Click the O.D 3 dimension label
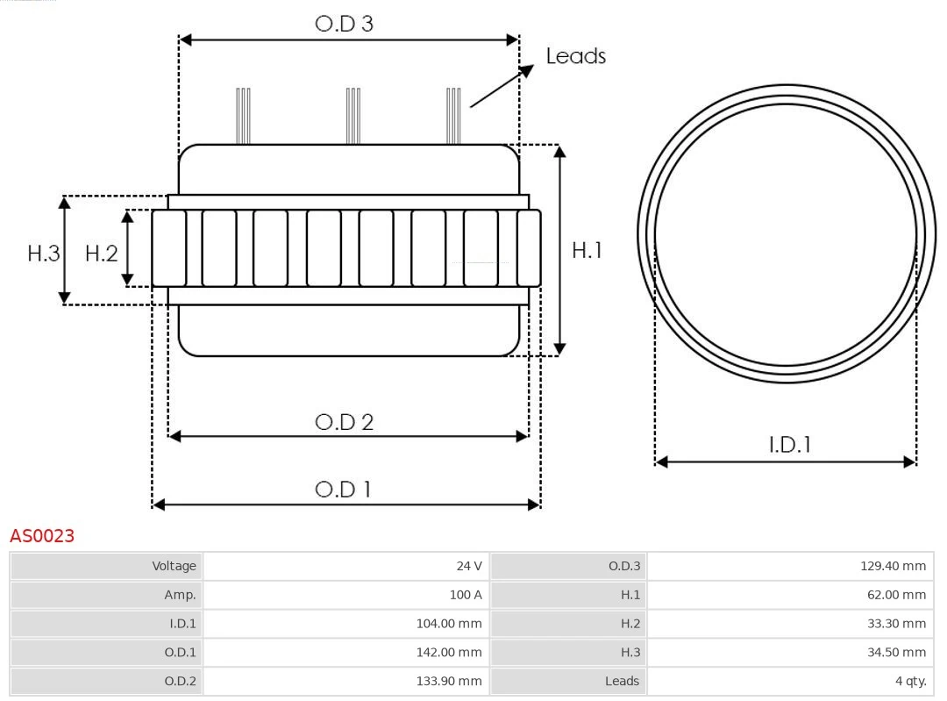tap(344, 24)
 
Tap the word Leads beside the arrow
tap(575, 56)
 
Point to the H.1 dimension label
tap(587, 250)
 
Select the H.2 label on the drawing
tap(101, 254)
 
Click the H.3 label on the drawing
tap(43, 254)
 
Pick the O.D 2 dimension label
tap(344, 422)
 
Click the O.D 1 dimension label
tap(343, 489)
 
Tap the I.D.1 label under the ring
tap(789, 445)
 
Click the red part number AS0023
tap(42, 535)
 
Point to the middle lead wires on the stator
tap(352, 116)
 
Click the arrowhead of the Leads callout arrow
tap(527, 70)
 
